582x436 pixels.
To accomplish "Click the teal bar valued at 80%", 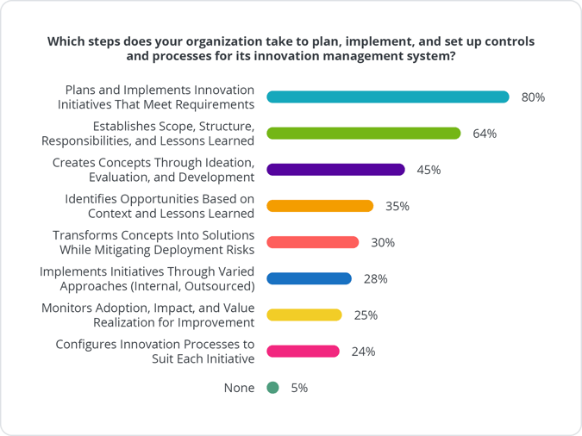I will point(389,97).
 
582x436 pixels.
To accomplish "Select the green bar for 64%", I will point(364,134).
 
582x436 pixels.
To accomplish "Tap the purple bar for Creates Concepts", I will point(335,170).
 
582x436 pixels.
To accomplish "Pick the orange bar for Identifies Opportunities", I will point(320,206).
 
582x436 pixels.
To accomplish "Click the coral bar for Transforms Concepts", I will point(312,242).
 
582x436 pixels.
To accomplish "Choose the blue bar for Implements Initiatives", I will point(309,278).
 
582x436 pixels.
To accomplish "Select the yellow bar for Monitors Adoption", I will point(304,315).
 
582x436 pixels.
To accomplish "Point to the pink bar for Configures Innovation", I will point(303,351).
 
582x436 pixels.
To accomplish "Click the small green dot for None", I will point(273,388).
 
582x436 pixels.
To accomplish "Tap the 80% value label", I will point(533,97).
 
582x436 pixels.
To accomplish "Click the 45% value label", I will point(429,170).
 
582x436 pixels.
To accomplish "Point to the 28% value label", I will point(375,279).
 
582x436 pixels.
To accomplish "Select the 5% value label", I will point(298,388).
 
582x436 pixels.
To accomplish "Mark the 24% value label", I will point(363,352).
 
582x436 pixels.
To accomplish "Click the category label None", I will point(239,388).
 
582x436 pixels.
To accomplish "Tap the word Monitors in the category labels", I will point(68,307).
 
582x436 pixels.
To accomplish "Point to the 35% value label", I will point(397,207).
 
